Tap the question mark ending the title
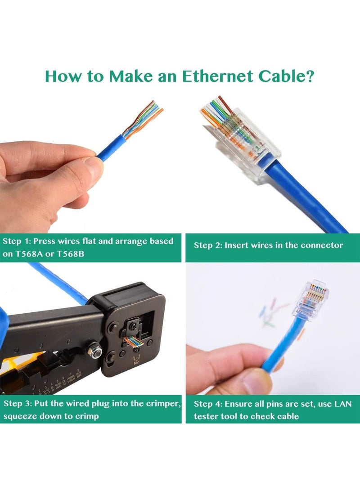(309, 76)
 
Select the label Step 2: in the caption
(207, 245)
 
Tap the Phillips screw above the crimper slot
(134, 323)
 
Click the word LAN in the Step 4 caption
(343, 404)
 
